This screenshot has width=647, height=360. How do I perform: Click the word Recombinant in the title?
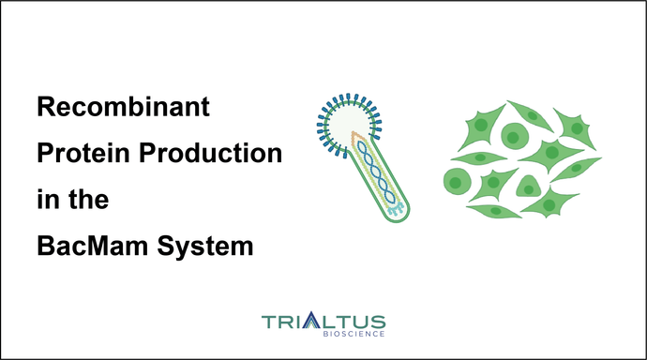(x=123, y=110)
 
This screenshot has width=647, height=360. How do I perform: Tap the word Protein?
(x=78, y=155)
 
